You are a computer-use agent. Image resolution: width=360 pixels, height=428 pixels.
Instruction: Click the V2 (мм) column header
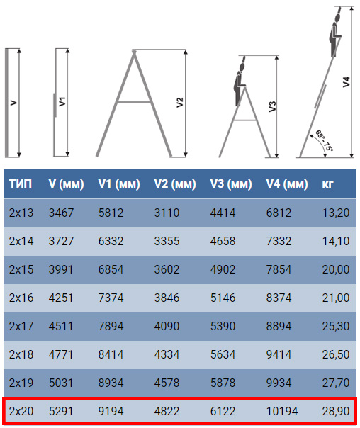[174, 184]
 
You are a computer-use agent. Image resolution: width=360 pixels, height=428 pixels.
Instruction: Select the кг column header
[327, 184]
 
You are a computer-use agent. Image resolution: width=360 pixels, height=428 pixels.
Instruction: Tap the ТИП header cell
[21, 184]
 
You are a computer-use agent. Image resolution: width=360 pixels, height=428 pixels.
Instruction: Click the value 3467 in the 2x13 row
[61, 213]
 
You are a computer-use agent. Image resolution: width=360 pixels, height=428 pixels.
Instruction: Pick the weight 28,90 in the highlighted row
[336, 412]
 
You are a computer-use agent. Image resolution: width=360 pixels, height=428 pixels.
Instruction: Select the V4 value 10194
[282, 412]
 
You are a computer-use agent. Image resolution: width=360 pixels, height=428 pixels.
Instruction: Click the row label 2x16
[21, 298]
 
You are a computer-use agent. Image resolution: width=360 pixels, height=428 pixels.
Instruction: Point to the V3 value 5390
[223, 326]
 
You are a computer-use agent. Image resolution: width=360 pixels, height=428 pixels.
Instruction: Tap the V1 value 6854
[111, 269]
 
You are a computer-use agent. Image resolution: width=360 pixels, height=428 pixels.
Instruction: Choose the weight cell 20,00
[336, 269]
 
